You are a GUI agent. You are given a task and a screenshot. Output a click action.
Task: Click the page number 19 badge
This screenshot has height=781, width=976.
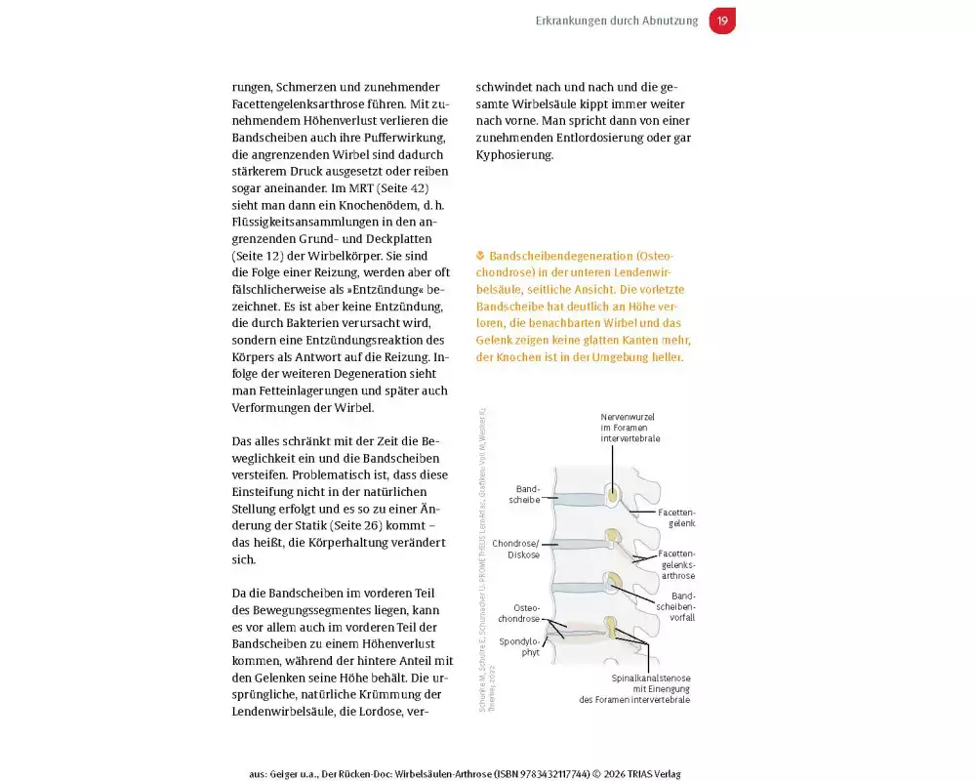click(722, 21)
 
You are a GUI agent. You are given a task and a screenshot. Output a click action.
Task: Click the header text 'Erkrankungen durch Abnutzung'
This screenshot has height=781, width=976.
click(617, 21)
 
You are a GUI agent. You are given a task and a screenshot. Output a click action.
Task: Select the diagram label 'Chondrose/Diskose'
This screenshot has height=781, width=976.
click(516, 549)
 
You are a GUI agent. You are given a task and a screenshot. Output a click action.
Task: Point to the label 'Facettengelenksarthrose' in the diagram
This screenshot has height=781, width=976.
click(677, 564)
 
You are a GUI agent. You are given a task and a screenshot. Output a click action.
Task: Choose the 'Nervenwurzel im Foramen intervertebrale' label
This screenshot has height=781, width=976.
click(630, 428)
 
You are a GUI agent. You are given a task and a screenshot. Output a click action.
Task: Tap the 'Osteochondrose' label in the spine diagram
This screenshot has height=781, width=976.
click(519, 612)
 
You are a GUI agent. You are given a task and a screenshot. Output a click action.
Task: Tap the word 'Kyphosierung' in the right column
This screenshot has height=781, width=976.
click(514, 154)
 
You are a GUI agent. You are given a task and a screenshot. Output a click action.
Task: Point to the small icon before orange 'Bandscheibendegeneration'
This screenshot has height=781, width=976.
click(480, 256)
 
